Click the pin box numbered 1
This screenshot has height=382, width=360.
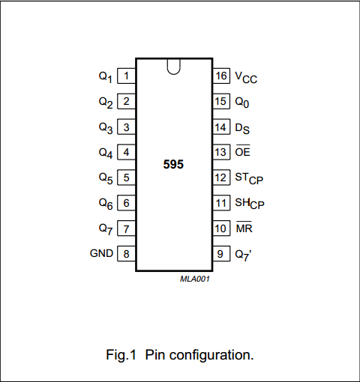point(127,76)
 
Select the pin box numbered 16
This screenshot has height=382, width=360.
point(221,76)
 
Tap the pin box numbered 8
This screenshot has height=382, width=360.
point(127,254)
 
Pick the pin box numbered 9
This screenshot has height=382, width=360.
point(221,254)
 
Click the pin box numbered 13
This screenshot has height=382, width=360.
point(221,152)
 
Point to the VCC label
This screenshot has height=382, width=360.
point(246,77)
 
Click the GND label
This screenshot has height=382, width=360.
point(101,253)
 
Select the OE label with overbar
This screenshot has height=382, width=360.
point(242,151)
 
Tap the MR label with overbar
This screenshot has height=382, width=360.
point(244,227)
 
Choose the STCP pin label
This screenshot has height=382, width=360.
point(249,178)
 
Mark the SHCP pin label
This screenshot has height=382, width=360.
point(250,204)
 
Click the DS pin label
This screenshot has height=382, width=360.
point(242,129)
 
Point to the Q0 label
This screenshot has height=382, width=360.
point(242,103)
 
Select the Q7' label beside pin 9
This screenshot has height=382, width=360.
point(243,255)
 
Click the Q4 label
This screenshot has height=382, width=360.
point(106,153)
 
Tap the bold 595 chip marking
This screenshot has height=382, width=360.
point(173,164)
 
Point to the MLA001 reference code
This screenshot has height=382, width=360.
point(195,279)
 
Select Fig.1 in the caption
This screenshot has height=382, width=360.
point(121,355)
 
